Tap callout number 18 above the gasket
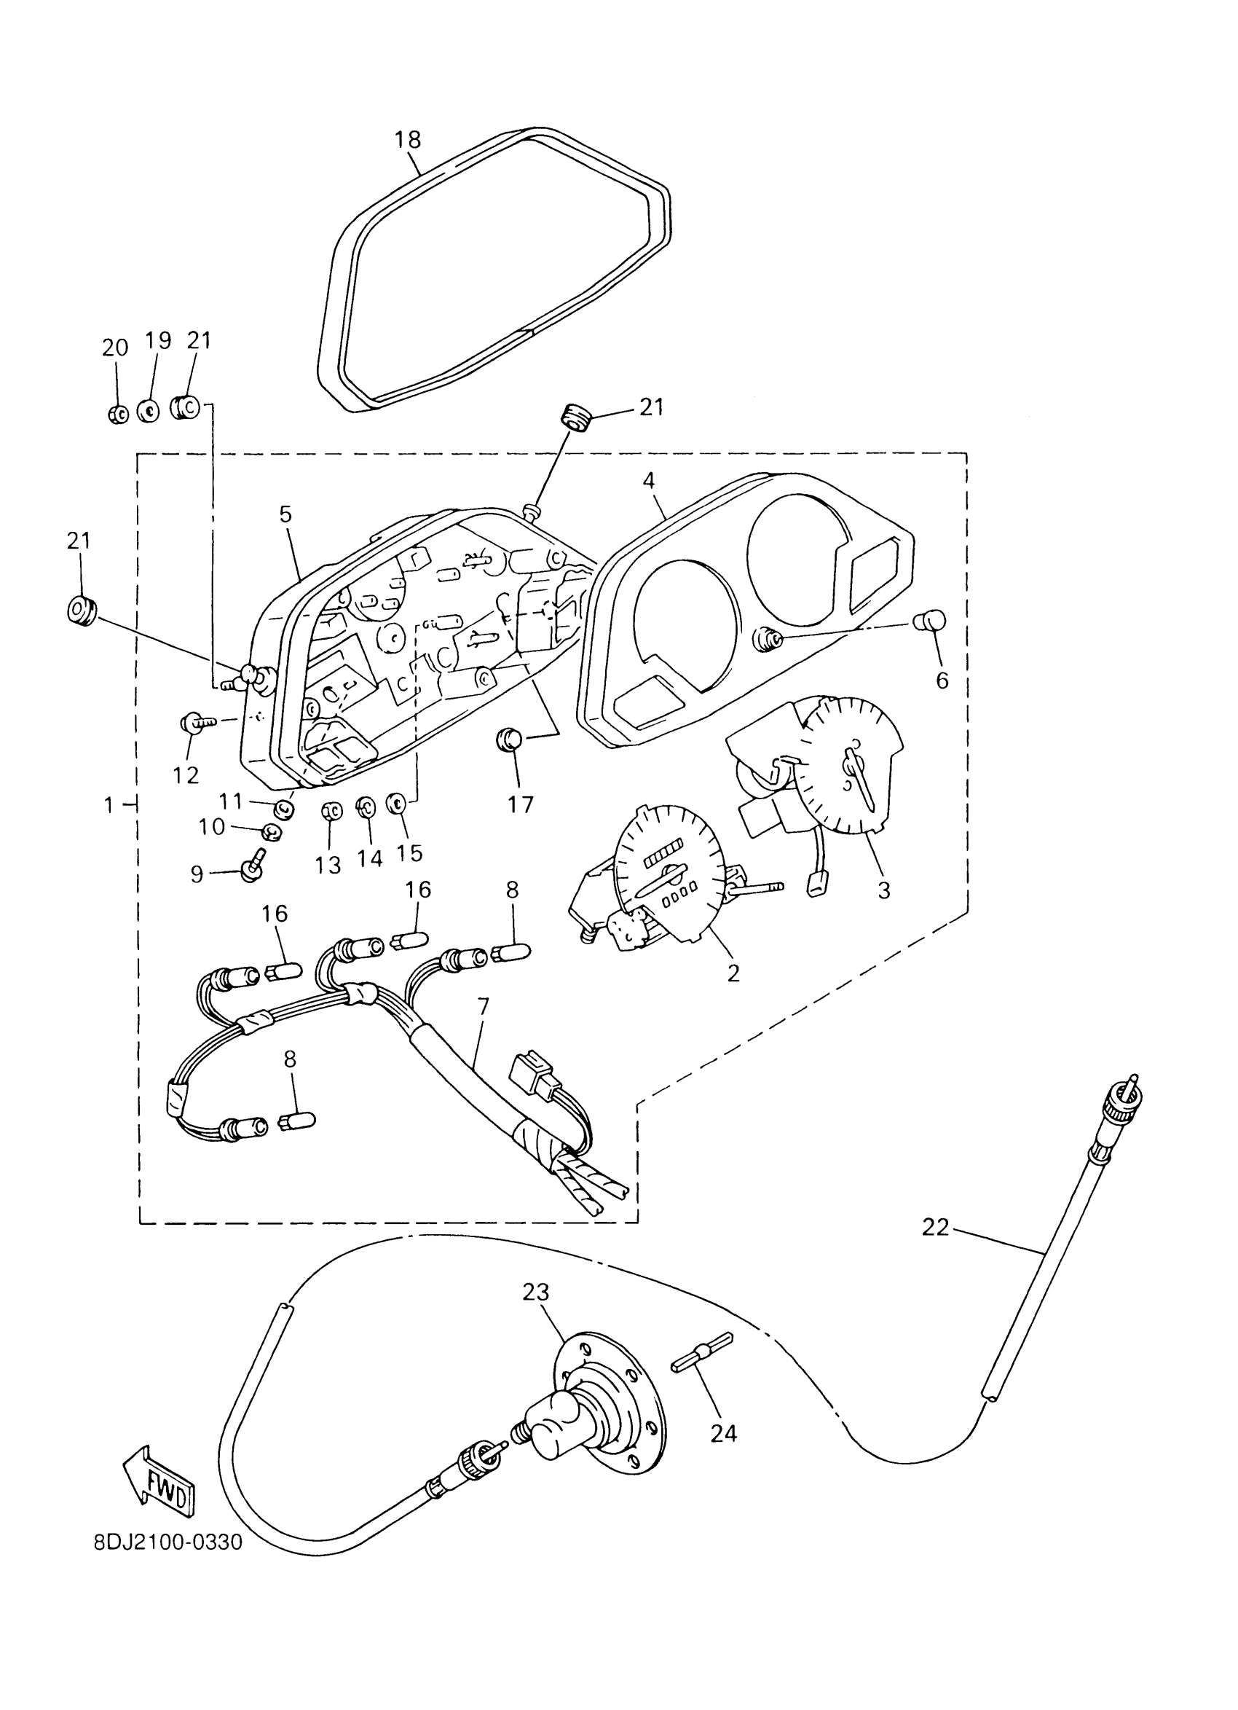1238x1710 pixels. tap(408, 139)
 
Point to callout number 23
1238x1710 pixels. tap(536, 1292)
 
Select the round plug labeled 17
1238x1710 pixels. tap(509, 739)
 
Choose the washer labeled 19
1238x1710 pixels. tap(149, 412)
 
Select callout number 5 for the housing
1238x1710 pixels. tap(285, 514)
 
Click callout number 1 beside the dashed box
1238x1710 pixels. tap(109, 805)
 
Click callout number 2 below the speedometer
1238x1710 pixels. tap(733, 973)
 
